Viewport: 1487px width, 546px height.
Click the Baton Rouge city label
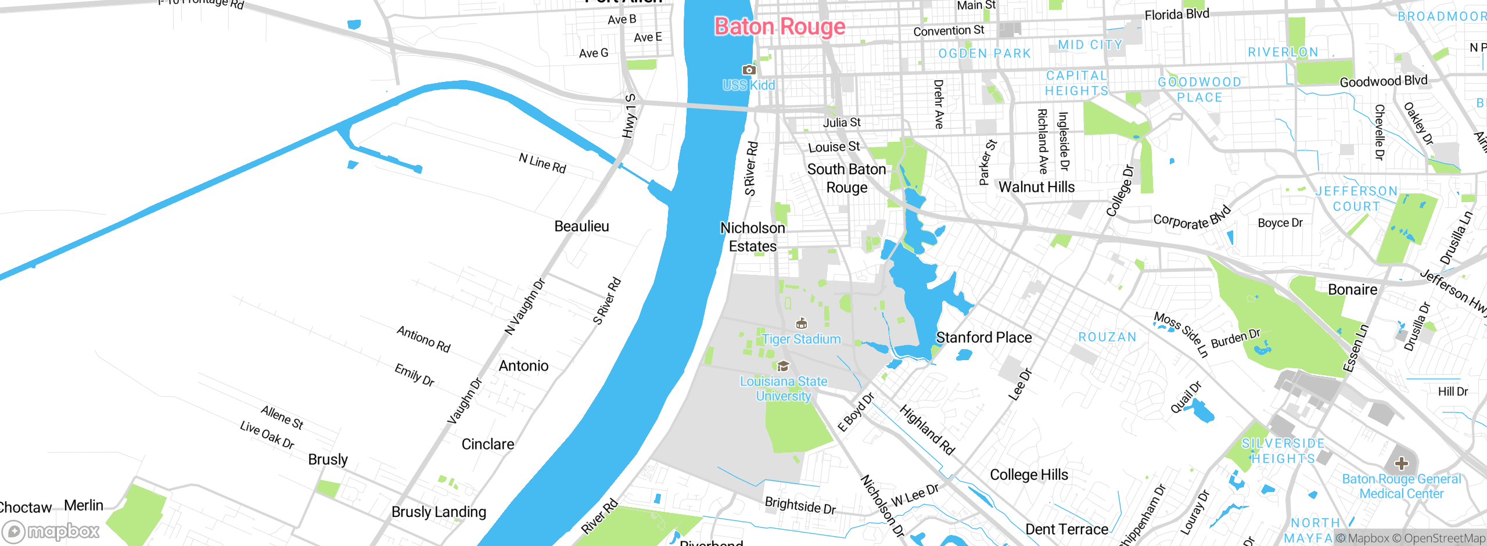[780, 27]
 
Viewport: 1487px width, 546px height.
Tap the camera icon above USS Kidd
[749, 70]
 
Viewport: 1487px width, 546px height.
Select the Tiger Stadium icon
[802, 324]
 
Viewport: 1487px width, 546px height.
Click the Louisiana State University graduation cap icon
[783, 366]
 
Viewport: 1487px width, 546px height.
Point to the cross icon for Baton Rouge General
[1402, 463]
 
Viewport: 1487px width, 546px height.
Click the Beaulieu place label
[581, 227]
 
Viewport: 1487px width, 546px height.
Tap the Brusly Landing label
[439, 512]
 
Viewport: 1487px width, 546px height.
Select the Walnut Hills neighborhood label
[1036, 187]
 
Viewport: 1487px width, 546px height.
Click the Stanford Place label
[983, 337]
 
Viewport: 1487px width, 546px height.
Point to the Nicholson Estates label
[753, 237]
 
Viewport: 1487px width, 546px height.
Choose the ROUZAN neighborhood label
[1107, 337]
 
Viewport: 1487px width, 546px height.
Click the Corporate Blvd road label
[1191, 219]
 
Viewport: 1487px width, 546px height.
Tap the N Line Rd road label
[542, 163]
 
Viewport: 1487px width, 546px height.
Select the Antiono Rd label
[423, 339]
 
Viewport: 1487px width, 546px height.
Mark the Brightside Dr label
[800, 505]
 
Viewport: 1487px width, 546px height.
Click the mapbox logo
[51, 531]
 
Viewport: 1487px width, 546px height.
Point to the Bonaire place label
[1352, 290]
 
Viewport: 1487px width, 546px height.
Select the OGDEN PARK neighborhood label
[985, 53]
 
